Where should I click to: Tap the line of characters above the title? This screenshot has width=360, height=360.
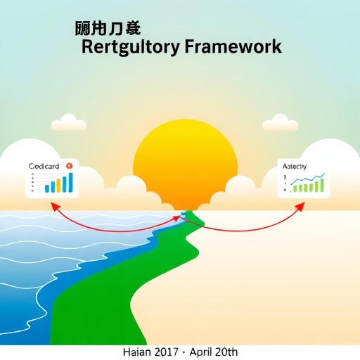(108, 29)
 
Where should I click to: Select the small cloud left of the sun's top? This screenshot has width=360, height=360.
(69, 123)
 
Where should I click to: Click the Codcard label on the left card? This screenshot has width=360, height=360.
(44, 166)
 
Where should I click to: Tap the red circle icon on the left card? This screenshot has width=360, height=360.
(69, 165)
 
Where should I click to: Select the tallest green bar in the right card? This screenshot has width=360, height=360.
(321, 185)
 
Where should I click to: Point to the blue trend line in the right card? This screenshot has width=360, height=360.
(309, 180)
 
